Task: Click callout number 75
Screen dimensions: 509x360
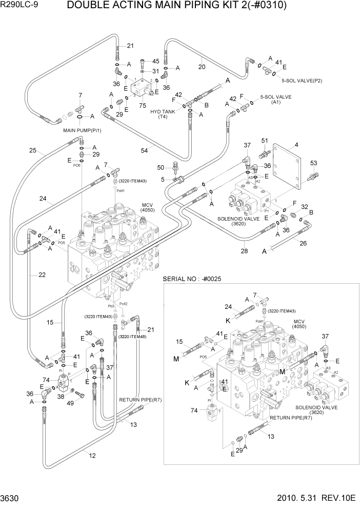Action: pos(143,105)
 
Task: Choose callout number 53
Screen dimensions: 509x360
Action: pos(314,163)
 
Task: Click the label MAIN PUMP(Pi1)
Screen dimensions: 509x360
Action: pos(82,130)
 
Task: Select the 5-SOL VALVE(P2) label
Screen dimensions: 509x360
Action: pos(301,80)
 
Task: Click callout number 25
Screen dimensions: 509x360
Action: pos(33,151)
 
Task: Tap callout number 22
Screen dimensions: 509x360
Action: pos(42,275)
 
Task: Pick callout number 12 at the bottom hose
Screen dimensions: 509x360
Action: pos(92,455)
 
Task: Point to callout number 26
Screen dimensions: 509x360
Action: pos(303,243)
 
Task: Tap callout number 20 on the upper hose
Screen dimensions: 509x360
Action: pos(202,66)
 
